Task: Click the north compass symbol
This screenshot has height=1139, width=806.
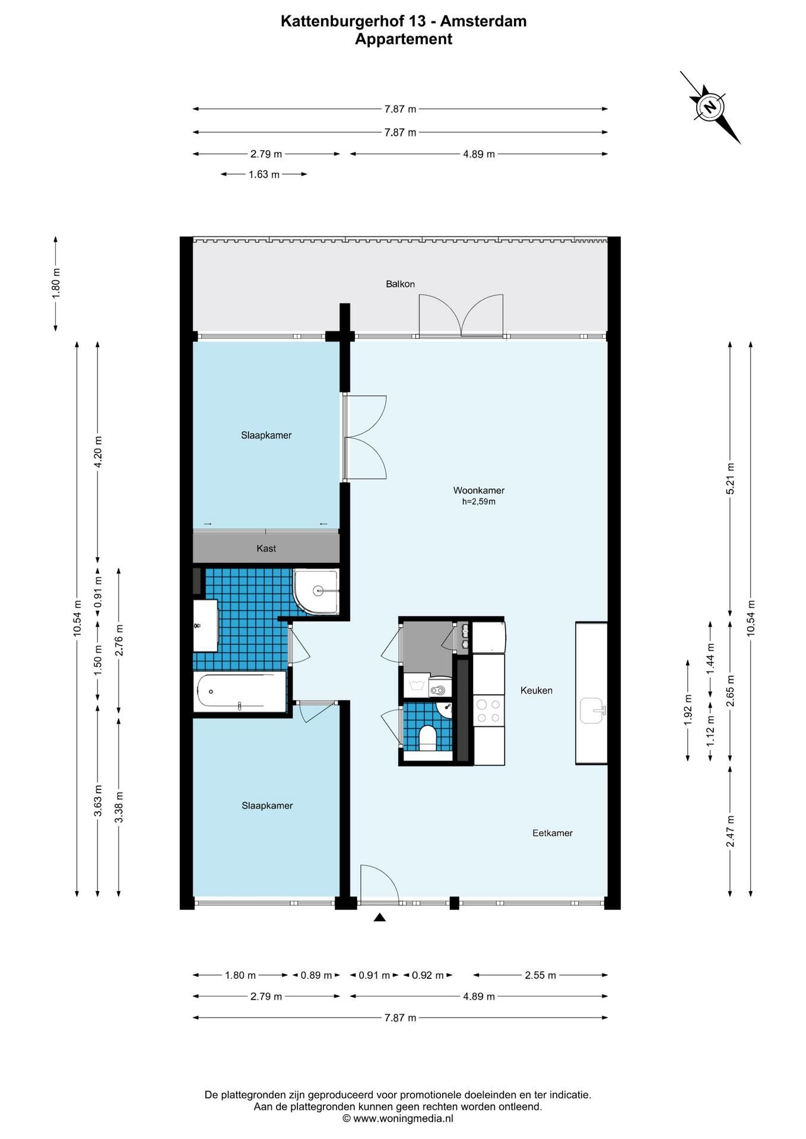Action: pyautogui.click(x=710, y=107)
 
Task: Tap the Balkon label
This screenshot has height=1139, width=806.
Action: pyautogui.click(x=400, y=284)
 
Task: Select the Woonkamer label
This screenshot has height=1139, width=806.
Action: pyautogui.click(x=478, y=491)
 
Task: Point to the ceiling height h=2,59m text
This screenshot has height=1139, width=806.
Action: pyautogui.click(x=478, y=502)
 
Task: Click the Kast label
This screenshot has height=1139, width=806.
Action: pyautogui.click(x=266, y=549)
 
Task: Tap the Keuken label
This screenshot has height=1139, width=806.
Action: pyautogui.click(x=537, y=691)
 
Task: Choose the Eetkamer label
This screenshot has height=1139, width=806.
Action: pyautogui.click(x=553, y=833)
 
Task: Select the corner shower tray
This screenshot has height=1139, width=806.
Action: pyautogui.click(x=316, y=592)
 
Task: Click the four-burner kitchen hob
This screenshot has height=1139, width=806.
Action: pyautogui.click(x=488, y=711)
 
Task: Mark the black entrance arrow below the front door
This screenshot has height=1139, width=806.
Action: pyautogui.click(x=380, y=918)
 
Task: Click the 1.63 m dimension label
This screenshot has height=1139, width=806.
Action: pyautogui.click(x=264, y=174)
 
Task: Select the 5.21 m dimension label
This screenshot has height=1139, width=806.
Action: pyautogui.click(x=731, y=479)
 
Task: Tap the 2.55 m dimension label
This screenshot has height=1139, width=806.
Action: pyautogui.click(x=541, y=975)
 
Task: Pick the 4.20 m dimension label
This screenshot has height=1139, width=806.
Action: pyautogui.click(x=99, y=451)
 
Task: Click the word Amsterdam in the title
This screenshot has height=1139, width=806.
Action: pyautogui.click(x=483, y=21)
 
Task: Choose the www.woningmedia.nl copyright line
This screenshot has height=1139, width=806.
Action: pyautogui.click(x=398, y=1118)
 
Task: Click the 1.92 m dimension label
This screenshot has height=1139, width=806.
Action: pyautogui.click(x=688, y=710)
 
